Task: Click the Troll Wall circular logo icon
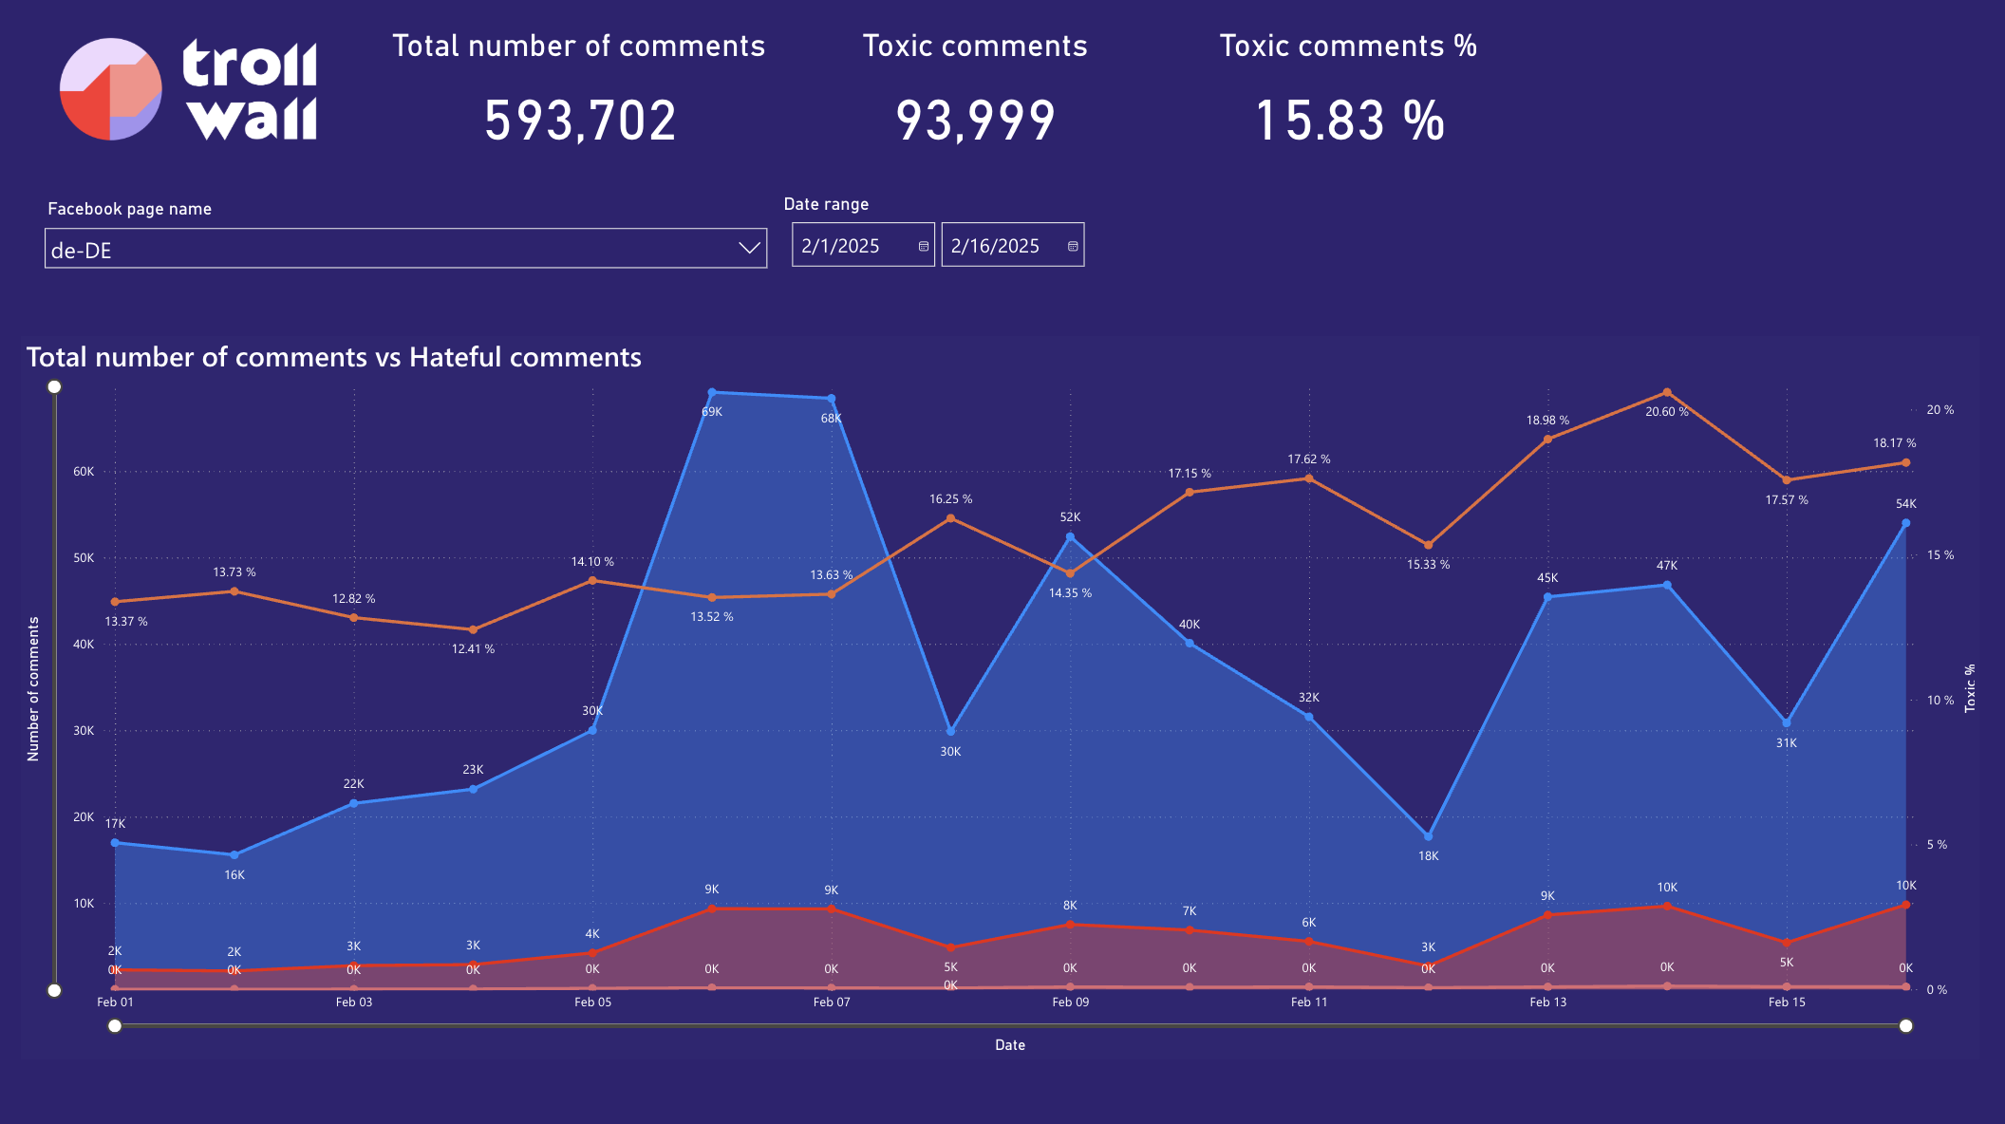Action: point(110,89)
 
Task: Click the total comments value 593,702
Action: point(580,122)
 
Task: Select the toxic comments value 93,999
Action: point(975,122)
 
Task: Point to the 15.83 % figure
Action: point(1349,122)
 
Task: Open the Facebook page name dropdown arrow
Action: point(749,249)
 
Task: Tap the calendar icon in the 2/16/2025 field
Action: point(1073,247)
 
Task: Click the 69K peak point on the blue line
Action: point(712,392)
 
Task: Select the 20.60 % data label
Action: point(1667,412)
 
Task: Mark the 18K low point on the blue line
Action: point(1428,836)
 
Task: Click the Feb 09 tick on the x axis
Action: point(1070,1002)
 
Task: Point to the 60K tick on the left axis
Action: point(84,472)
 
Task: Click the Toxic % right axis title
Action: point(1970,688)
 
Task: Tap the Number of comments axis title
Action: point(33,689)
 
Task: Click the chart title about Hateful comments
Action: point(334,357)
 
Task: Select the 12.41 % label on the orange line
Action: point(473,649)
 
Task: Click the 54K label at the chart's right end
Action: point(1905,504)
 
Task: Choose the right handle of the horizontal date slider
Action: point(1905,1025)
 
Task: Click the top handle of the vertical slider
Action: point(55,386)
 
